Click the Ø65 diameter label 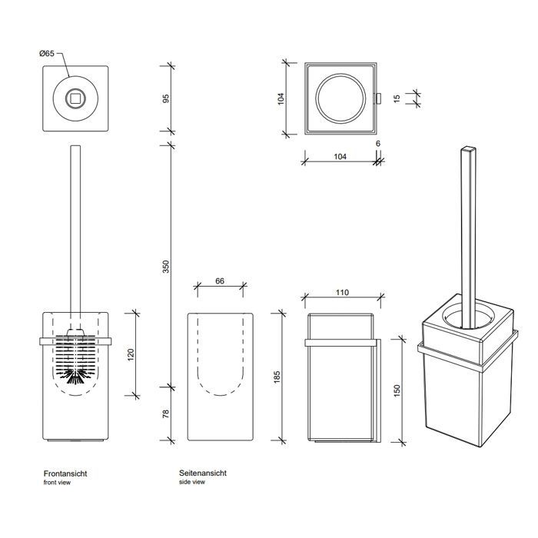[46, 54]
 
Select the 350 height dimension [166, 267]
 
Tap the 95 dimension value [166, 101]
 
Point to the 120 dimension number [131, 355]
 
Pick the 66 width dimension [220, 282]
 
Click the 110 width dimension [342, 293]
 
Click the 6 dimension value [379, 144]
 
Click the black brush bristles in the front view [75, 374]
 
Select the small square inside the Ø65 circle [75, 98]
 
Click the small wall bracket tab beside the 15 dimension [379, 98]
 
